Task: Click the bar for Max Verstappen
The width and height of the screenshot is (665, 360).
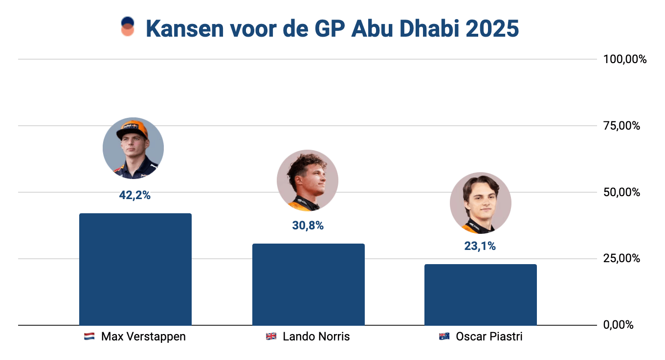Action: click(x=135, y=269)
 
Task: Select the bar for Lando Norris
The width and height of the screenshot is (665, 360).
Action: click(x=308, y=284)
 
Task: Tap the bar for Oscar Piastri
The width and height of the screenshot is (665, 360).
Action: click(x=480, y=294)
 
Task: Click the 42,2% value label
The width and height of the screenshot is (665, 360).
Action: click(x=134, y=195)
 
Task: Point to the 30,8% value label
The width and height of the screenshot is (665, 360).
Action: click(x=308, y=225)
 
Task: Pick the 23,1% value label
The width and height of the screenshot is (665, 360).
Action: click(x=480, y=246)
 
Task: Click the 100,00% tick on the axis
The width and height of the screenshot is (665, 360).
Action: click(x=624, y=60)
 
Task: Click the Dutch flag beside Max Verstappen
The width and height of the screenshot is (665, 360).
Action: click(x=89, y=337)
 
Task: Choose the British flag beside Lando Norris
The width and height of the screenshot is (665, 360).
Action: click(x=271, y=337)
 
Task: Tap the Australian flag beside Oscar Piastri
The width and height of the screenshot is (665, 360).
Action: click(x=444, y=337)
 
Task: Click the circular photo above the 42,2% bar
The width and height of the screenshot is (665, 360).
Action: click(x=133, y=148)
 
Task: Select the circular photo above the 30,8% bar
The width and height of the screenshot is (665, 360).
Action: click(x=307, y=180)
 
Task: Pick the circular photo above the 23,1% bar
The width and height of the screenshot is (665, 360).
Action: click(x=480, y=202)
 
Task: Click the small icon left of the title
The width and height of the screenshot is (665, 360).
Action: click(x=127, y=26)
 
